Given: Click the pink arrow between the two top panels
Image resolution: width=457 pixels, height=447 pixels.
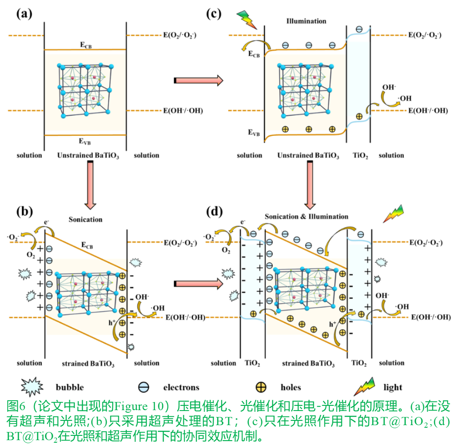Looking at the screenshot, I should click(x=199, y=80).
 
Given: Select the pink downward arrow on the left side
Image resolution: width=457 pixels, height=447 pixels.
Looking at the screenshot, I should click(x=90, y=185).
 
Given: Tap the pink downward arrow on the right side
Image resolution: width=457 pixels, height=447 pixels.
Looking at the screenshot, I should click(x=310, y=185).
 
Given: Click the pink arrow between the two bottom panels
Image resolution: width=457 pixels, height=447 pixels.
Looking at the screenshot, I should click(x=199, y=283).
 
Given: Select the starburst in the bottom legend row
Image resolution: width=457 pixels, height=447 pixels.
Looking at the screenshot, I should click(x=32, y=387).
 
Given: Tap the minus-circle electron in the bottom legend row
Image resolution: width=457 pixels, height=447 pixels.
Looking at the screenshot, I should click(x=143, y=387).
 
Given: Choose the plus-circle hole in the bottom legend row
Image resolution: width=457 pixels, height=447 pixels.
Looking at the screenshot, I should click(x=261, y=387).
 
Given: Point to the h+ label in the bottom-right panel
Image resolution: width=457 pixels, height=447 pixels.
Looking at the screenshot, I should click(x=332, y=324).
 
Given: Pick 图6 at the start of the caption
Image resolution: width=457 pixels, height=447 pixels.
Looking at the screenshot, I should click(x=16, y=406).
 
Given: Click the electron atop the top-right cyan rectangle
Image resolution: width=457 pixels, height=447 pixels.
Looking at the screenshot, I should click(x=359, y=30).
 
